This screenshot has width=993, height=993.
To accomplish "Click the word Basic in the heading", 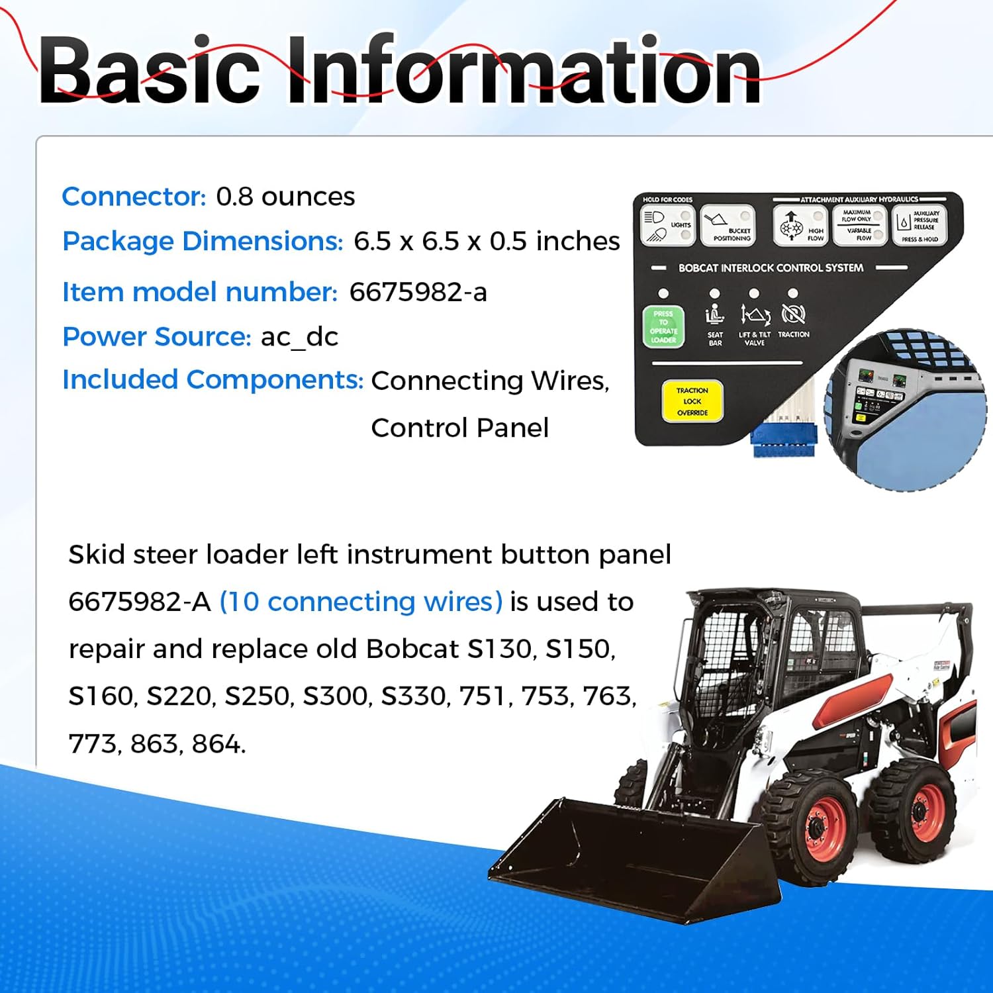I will [149, 70].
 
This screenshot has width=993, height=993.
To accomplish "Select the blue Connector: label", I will [134, 197].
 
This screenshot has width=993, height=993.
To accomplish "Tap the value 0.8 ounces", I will [285, 197].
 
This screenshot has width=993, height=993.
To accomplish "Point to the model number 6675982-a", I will [418, 292].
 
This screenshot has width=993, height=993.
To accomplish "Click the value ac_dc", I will [299, 337].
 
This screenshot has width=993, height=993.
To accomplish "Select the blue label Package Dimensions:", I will [203, 241].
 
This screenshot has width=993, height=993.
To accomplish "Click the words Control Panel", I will [459, 428].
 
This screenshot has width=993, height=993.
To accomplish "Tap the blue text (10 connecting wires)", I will [361, 602].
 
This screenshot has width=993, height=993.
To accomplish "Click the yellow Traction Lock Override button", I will [692, 401].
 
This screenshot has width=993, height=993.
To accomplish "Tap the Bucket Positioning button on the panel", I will [727, 225].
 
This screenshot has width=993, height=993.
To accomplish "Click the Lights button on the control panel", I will [667, 225].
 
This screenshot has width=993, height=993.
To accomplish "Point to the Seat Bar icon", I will [714, 314].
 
